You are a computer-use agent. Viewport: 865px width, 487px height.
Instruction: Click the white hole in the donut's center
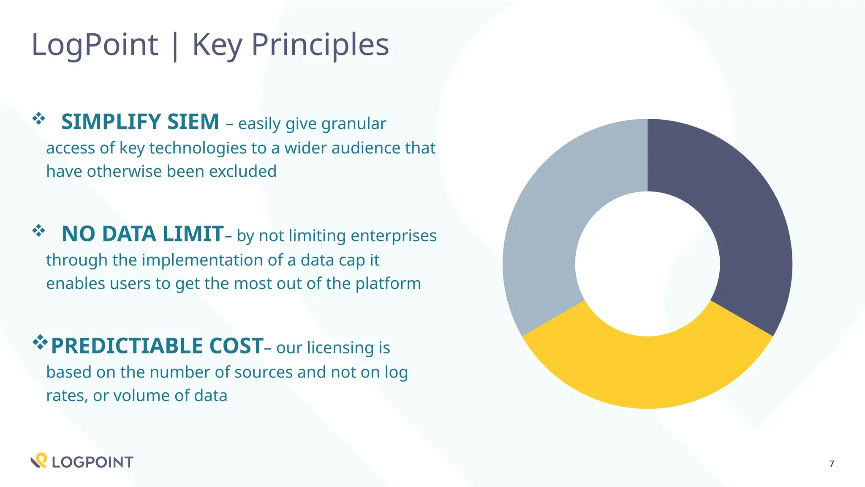click(647, 264)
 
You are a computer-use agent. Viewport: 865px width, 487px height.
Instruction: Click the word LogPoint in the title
click(95, 45)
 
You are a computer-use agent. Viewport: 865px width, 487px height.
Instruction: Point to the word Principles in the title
click(320, 45)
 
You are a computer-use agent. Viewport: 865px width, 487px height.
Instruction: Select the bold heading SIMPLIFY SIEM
click(140, 122)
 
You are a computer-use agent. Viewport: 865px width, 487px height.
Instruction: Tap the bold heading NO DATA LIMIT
click(142, 234)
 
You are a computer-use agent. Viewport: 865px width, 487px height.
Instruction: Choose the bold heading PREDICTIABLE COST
click(157, 346)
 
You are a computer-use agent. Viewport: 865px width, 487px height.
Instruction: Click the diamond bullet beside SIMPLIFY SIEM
click(38, 119)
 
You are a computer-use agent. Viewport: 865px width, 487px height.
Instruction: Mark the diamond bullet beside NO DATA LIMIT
click(38, 231)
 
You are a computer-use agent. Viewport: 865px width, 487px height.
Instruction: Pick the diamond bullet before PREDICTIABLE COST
click(40, 342)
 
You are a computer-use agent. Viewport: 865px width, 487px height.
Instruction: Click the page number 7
click(831, 464)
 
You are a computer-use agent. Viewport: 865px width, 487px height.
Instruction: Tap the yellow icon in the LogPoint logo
click(41, 459)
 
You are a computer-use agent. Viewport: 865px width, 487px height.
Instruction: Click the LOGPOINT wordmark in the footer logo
click(92, 462)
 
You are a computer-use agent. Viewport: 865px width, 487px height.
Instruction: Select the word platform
click(388, 284)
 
